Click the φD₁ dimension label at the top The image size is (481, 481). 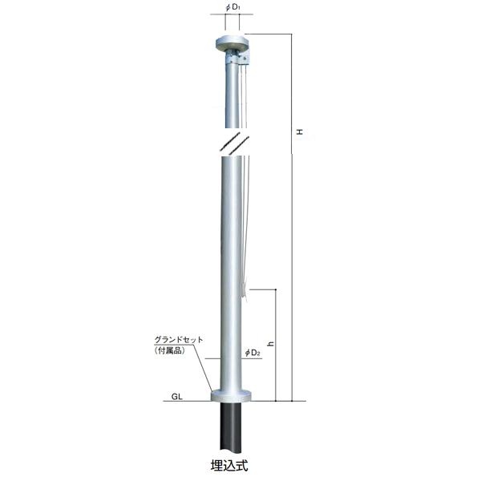pyautogui.click(x=232, y=8)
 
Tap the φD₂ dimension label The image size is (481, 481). pyautogui.click(x=253, y=353)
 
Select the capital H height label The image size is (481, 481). pyautogui.click(x=300, y=131)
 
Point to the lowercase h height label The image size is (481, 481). pyautogui.click(x=270, y=344)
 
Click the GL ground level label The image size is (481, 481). pyautogui.click(x=176, y=396)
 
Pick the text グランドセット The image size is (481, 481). pyautogui.click(x=179, y=340)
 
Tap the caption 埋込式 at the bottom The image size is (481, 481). pyautogui.click(x=229, y=466)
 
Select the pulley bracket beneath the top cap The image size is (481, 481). pyautogui.click(x=238, y=58)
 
